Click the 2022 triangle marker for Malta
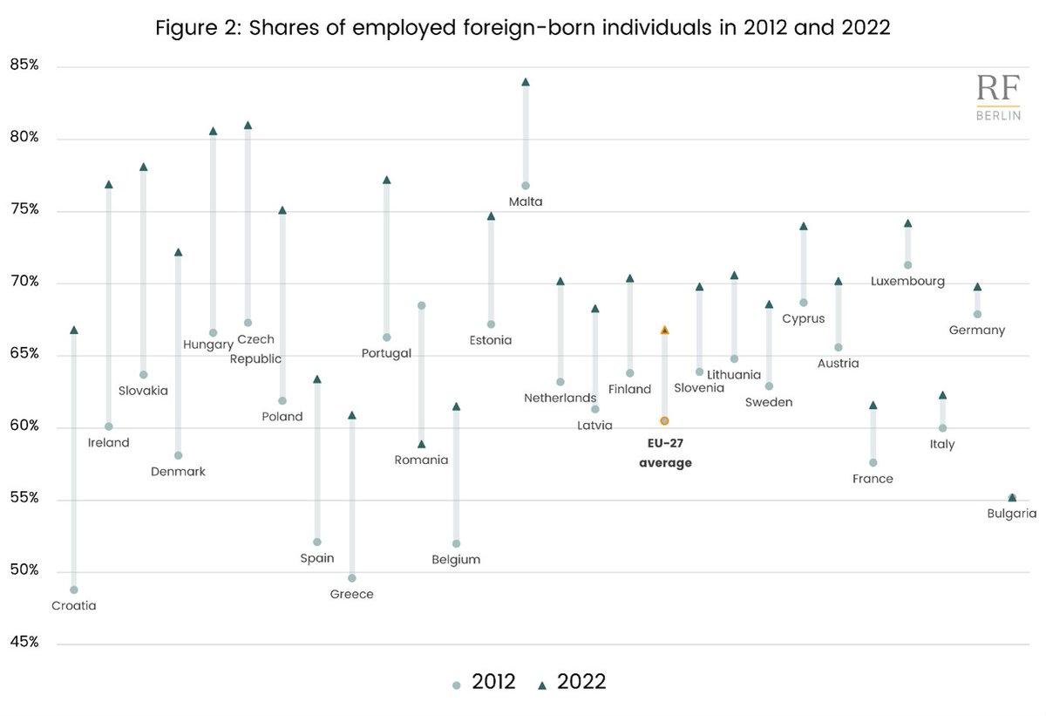click(x=526, y=82)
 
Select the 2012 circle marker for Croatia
click(x=74, y=590)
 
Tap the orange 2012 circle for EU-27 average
click(x=664, y=420)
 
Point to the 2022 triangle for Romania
click(x=422, y=444)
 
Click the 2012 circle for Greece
click(x=352, y=577)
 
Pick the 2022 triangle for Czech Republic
click(x=248, y=125)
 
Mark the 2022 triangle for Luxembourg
click(x=907, y=223)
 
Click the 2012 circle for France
click(x=873, y=462)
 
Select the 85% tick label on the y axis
click(x=24, y=65)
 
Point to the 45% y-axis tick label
click(x=24, y=643)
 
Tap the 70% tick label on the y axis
click(x=24, y=282)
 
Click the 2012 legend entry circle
click(x=457, y=685)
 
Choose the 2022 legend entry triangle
click(x=542, y=685)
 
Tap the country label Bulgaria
click(x=1011, y=514)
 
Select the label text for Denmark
click(x=178, y=471)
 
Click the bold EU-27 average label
click(x=665, y=453)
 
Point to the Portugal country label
click(x=386, y=353)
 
